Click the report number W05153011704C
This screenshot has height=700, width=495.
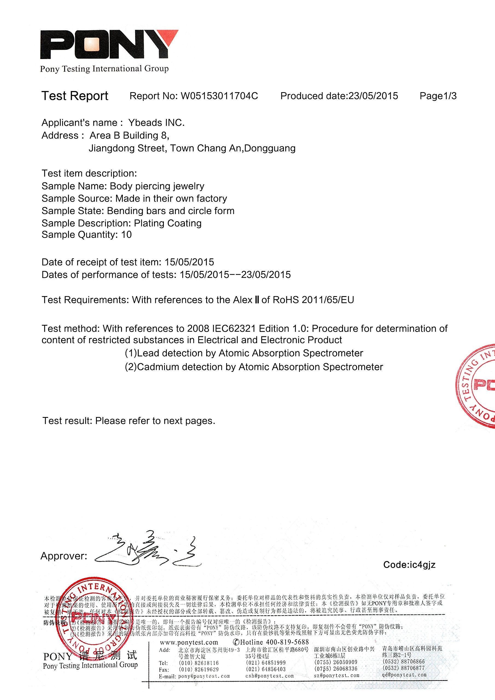click(219, 96)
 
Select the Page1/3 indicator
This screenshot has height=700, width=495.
click(438, 96)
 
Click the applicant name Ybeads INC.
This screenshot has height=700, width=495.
click(156, 122)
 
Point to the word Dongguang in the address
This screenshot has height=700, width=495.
click(270, 148)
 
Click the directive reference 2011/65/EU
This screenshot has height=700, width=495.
click(328, 300)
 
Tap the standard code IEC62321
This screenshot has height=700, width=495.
click(234, 329)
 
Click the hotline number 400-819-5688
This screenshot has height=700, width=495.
click(287, 642)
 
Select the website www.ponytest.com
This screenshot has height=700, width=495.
click(189, 642)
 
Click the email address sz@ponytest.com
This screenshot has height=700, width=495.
click(336, 676)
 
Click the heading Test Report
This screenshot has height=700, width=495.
click(75, 96)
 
